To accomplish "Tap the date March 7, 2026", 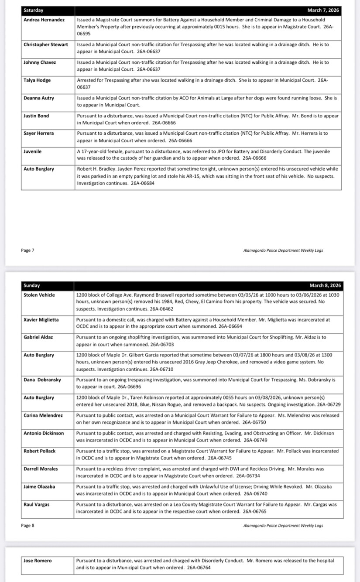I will (x=323, y=10).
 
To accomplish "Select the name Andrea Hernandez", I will (x=45, y=20).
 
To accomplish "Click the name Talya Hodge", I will (x=37, y=80).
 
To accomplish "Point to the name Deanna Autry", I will (x=39, y=98).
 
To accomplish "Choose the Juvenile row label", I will (x=33, y=151).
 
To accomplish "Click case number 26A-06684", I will (x=142, y=183).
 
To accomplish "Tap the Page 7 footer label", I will (x=27, y=250).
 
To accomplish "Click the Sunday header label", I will (x=31, y=285).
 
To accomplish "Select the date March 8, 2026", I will (x=325, y=285).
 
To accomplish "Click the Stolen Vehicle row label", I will (x=39, y=295).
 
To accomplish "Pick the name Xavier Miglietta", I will (x=43, y=320).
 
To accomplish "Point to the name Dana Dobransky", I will (x=42, y=380).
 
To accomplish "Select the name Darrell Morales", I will (x=41, y=469).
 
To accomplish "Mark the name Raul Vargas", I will (x=36, y=504).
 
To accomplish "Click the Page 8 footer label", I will (x=27, y=525).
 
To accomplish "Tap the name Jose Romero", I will (x=38, y=561).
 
